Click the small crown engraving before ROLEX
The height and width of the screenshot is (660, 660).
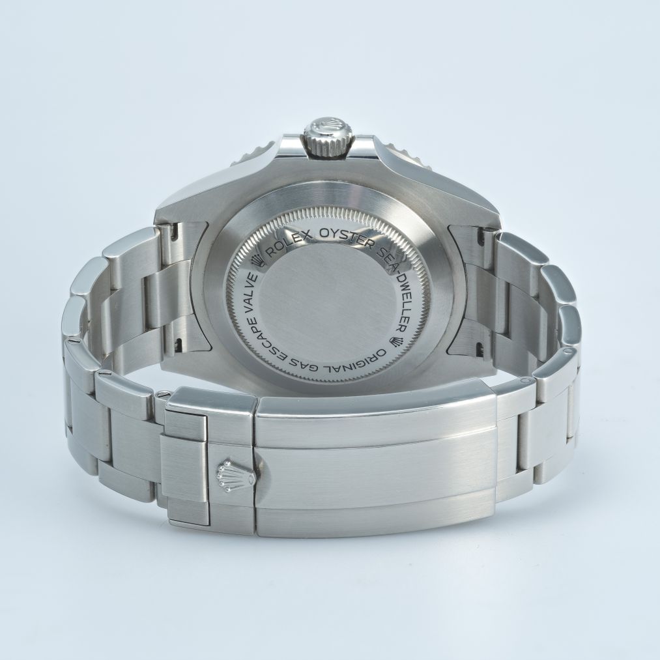pyautogui.click(x=256, y=262)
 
